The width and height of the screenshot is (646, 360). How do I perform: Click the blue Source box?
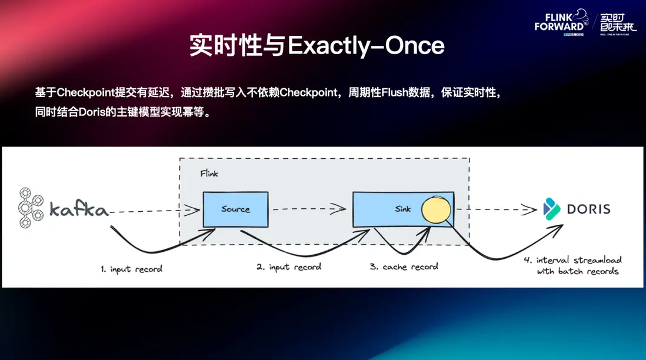point(235,209)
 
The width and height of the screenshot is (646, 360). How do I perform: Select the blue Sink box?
point(388,209)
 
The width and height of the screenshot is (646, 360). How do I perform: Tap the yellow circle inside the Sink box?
point(435,211)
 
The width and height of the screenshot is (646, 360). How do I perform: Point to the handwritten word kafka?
point(78,209)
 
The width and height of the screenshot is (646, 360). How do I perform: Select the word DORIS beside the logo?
point(588,209)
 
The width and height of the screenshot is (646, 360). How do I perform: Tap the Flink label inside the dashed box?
point(209,174)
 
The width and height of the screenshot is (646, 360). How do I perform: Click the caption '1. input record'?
point(131,269)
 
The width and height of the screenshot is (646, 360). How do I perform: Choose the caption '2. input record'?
point(288,267)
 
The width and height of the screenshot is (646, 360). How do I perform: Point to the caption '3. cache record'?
point(404,266)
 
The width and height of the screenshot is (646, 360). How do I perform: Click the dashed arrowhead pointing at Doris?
point(530,208)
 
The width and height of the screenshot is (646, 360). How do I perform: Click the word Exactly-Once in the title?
point(365,46)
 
